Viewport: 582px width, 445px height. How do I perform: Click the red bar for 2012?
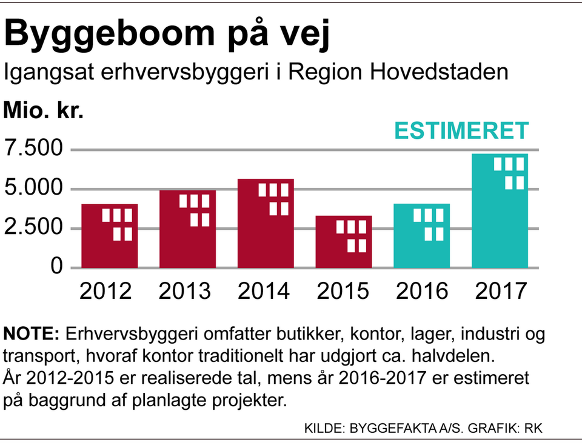[110, 236]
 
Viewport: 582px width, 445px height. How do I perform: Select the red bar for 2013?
[187, 229]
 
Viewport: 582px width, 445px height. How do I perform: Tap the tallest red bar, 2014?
[266, 224]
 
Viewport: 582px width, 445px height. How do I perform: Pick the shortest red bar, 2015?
[344, 242]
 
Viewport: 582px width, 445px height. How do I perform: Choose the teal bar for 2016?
[422, 236]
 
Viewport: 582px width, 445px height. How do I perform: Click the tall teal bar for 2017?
[500, 211]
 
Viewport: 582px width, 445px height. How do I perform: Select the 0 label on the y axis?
[56, 267]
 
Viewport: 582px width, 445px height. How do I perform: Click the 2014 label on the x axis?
[264, 291]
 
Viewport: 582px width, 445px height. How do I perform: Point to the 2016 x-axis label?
[422, 291]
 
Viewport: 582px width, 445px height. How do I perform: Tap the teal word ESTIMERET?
[462, 131]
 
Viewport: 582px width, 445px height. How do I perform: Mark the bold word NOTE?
[30, 334]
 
